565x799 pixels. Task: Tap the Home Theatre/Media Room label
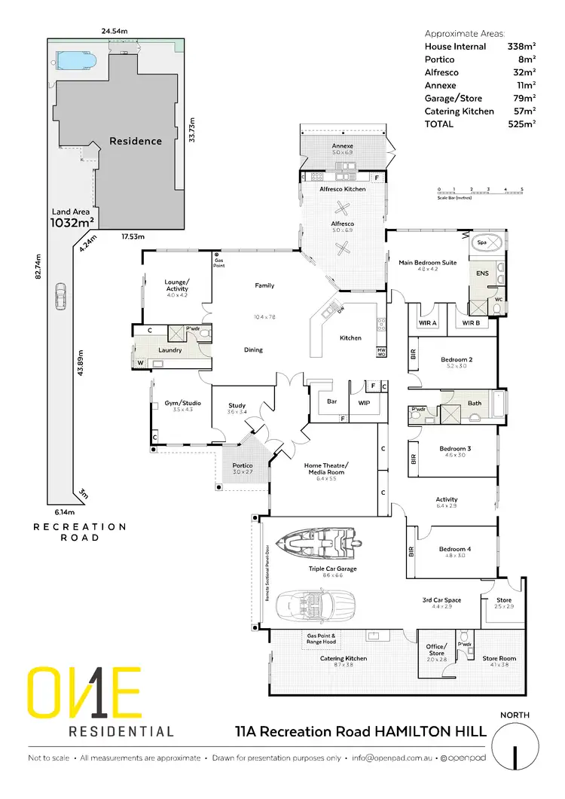[x=325, y=469]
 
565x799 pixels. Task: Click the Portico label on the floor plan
[x=242, y=467]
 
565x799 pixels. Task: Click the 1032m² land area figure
[x=72, y=222]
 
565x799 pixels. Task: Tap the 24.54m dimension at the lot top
[x=114, y=32]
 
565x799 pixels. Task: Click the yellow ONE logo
[x=84, y=691]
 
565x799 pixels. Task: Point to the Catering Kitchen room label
[x=344, y=658]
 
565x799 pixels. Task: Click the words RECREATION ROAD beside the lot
[x=79, y=532]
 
